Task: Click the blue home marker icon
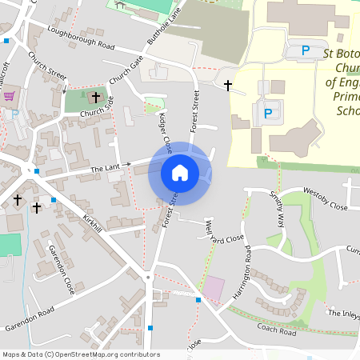click(180, 173)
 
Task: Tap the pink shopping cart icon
click(10, 96)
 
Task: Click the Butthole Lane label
click(165, 29)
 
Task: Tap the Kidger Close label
click(165, 134)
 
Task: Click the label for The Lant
click(105, 169)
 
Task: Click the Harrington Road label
click(241, 278)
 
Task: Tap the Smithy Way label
click(277, 210)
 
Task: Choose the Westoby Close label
click(325, 206)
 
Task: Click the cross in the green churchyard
click(96, 98)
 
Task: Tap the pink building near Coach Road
click(214, 288)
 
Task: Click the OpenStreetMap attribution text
click(80, 354)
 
